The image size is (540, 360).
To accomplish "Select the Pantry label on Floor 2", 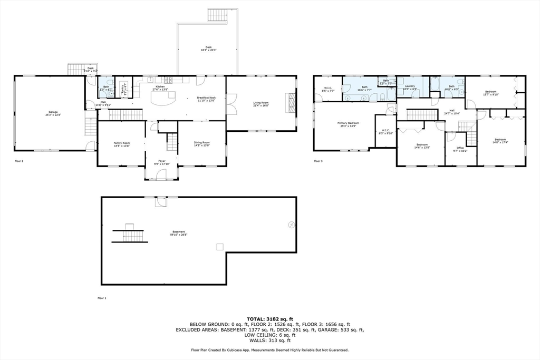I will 122,90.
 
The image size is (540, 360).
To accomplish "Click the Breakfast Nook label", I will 206,98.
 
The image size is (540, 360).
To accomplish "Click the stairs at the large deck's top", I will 217,15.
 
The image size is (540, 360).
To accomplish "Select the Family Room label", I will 122,143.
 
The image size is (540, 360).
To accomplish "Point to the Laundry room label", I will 410,86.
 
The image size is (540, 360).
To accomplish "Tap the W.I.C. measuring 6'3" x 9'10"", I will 386,133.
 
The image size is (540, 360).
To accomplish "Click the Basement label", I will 179,232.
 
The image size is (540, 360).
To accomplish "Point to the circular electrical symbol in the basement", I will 291,225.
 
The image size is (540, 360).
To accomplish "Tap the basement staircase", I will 130,233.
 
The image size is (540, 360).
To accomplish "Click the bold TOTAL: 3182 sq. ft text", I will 269,318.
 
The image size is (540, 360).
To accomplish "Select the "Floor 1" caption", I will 102,298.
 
